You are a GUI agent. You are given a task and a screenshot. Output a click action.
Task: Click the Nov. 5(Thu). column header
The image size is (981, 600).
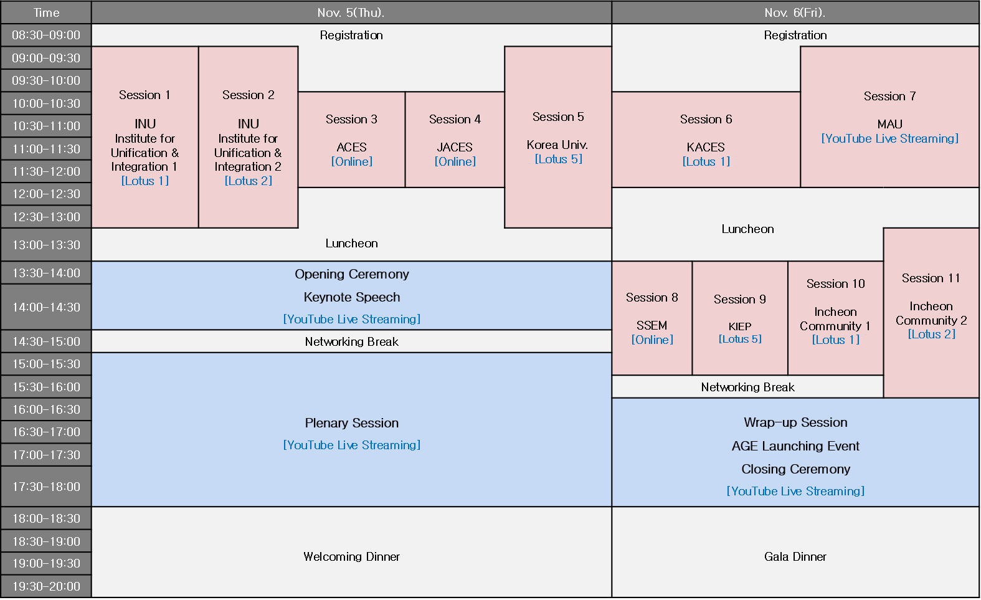(x=351, y=12)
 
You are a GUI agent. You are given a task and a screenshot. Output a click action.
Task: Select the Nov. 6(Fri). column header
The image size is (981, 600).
(x=795, y=12)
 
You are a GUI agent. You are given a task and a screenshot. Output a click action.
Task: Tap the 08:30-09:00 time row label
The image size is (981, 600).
(x=46, y=35)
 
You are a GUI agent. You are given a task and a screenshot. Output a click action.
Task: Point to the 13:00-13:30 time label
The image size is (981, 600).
(x=46, y=245)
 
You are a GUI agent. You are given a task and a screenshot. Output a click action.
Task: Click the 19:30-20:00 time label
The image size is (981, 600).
(x=46, y=586)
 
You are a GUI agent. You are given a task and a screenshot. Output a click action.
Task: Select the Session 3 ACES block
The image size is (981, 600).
(x=352, y=140)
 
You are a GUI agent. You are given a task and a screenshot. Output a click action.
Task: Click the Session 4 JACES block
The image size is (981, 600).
(x=455, y=140)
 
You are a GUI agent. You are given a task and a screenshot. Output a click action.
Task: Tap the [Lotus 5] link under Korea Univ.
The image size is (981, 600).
(x=558, y=159)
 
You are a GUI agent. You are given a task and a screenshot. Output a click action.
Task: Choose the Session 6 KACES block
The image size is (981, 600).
(x=706, y=140)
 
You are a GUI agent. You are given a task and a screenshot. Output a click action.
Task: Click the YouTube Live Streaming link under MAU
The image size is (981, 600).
(x=890, y=138)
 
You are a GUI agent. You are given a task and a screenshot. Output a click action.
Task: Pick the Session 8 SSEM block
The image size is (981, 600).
(x=652, y=318)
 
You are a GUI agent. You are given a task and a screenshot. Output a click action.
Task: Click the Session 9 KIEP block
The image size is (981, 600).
(x=740, y=318)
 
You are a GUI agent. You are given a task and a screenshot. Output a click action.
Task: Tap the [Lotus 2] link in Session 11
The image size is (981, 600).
(x=932, y=334)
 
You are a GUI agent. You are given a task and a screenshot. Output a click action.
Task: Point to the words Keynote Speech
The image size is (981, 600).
(x=352, y=297)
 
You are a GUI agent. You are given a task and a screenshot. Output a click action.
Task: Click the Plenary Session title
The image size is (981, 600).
(x=352, y=422)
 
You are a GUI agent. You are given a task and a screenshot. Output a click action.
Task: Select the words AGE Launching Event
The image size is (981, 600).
(x=795, y=446)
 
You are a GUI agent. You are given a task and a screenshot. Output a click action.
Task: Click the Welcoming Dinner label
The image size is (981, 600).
(x=352, y=556)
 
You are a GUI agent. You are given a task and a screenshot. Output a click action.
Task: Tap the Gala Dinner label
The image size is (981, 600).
(x=795, y=556)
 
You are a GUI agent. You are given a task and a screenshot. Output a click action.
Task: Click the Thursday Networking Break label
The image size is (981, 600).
(x=352, y=341)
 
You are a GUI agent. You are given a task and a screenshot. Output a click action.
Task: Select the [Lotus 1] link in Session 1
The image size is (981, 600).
(x=145, y=181)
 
